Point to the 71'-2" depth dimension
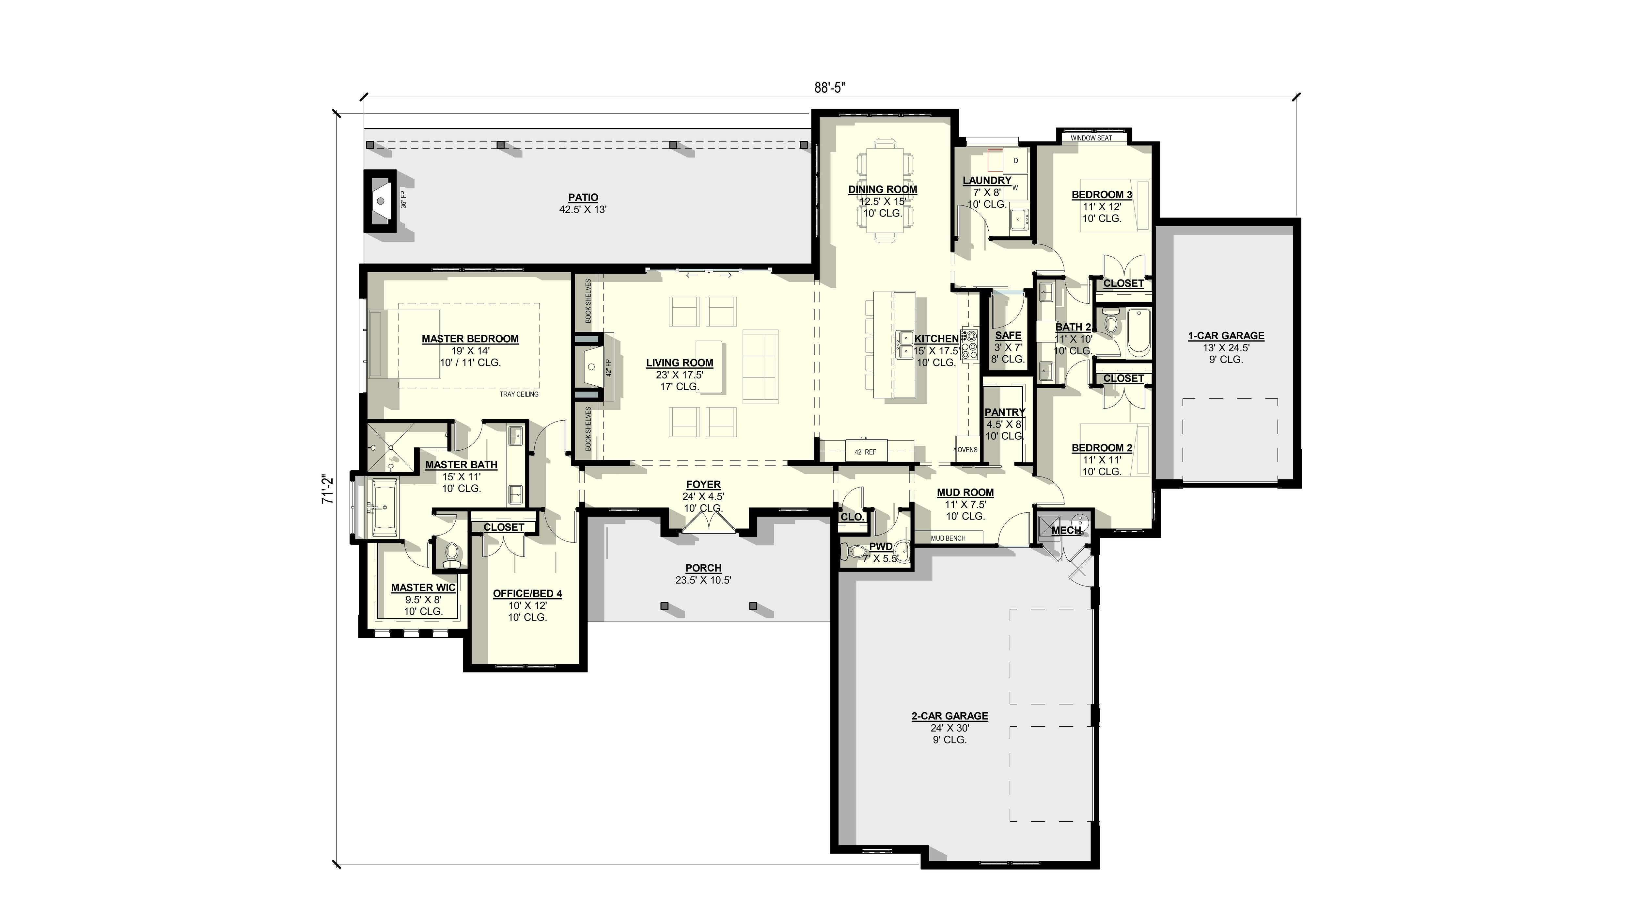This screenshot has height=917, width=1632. click(327, 489)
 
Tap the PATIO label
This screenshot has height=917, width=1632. click(582, 198)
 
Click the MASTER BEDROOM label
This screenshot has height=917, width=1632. click(470, 339)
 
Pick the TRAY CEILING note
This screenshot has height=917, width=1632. click(519, 394)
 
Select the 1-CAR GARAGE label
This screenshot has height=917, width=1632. click(1225, 336)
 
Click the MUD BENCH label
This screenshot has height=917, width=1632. click(948, 538)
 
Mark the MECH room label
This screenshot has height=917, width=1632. click(1066, 530)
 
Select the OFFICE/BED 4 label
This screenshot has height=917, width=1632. click(527, 594)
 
